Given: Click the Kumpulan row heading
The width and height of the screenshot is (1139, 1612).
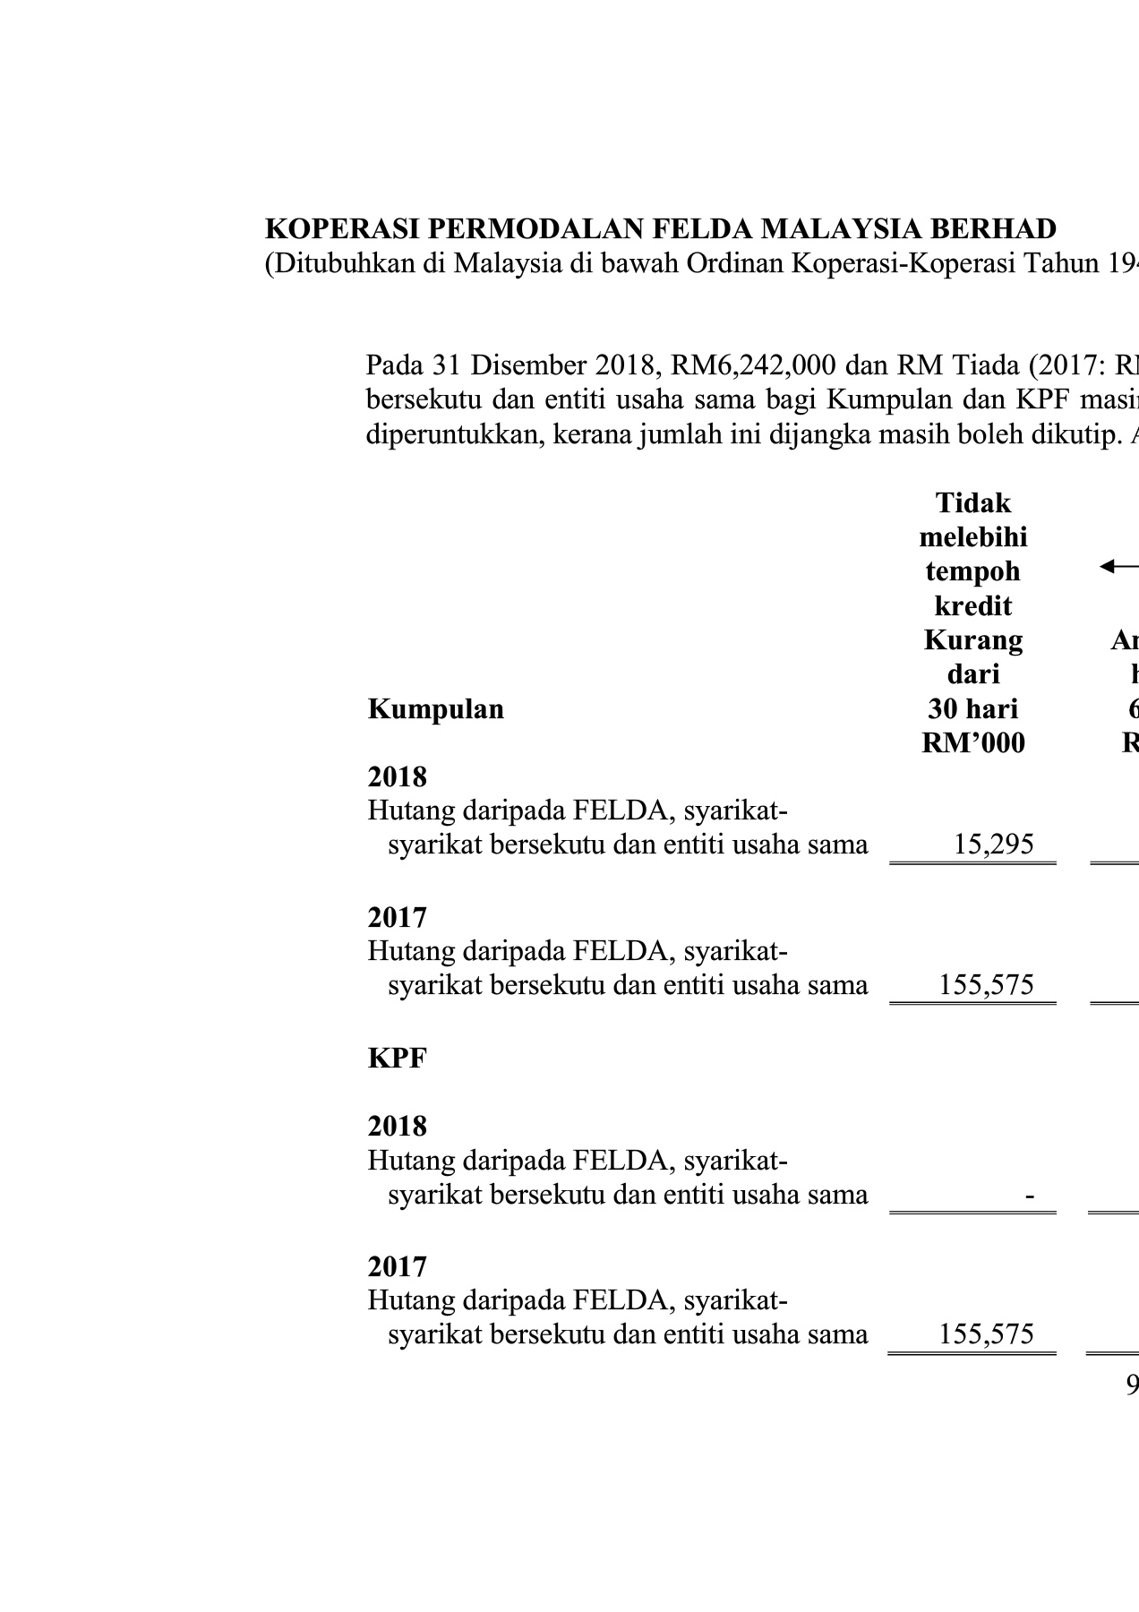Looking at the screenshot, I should click(435, 709).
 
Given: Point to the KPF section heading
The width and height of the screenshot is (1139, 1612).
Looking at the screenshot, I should click(397, 1058).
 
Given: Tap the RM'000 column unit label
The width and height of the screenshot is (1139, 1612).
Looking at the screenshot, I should click(972, 743).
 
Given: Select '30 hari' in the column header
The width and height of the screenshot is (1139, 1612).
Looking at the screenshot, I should click(972, 709).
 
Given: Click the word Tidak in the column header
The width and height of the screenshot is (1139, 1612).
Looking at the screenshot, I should click(972, 502).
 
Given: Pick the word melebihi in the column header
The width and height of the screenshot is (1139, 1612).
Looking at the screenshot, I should click(972, 537).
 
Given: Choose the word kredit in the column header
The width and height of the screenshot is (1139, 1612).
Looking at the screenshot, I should click(972, 606).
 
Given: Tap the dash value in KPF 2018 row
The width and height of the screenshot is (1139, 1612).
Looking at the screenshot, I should click(1032, 1195).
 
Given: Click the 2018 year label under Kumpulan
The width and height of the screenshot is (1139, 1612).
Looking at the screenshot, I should click(397, 776).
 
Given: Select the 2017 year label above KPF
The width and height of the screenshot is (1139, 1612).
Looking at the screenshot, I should click(397, 918).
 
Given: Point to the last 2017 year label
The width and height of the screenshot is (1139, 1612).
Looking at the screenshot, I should click(397, 1267).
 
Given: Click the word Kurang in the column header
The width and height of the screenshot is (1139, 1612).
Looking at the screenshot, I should click(972, 640).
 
